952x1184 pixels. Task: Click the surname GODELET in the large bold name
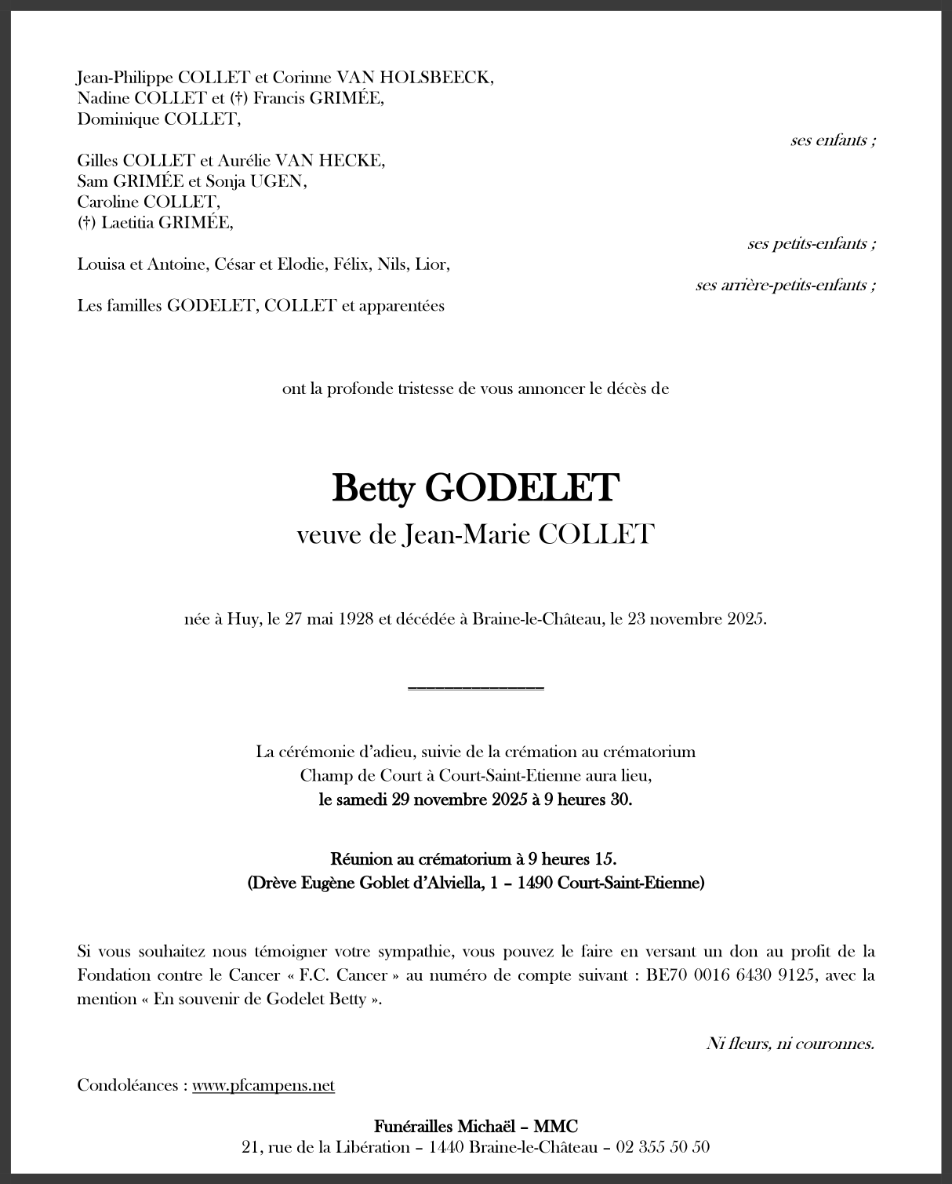coord(521,488)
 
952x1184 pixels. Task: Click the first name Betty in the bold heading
coord(372,488)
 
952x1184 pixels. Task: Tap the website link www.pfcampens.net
coord(263,1085)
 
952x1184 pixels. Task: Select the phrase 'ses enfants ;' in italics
coord(833,140)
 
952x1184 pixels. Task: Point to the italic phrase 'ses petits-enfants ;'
coord(812,243)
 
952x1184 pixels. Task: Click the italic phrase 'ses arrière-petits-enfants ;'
coord(786,285)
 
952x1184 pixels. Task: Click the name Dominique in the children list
coord(118,119)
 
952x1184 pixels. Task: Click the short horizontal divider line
coord(476,688)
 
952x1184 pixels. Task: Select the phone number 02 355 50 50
coord(663,1146)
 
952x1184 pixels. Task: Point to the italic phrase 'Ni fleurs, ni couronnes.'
coord(790,1043)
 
